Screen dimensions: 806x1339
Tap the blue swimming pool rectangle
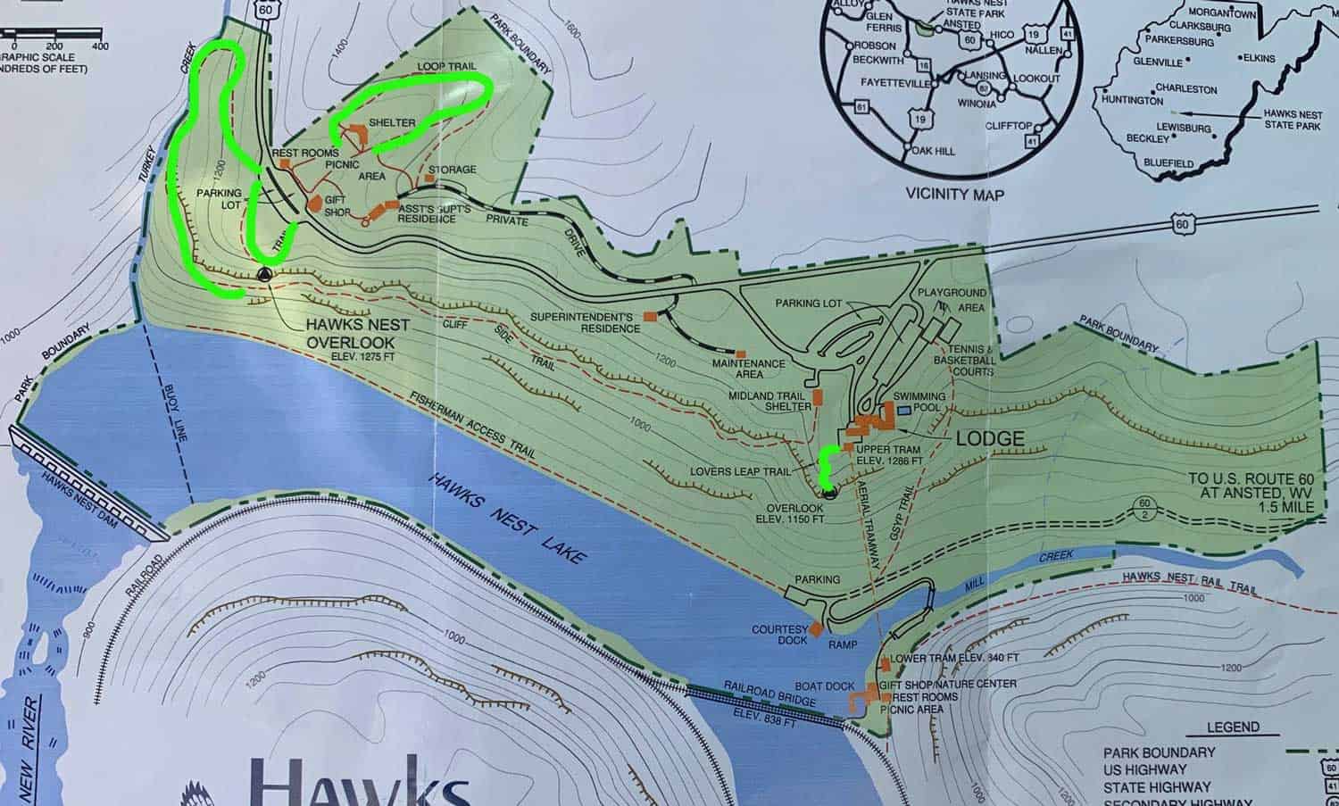tap(905, 410)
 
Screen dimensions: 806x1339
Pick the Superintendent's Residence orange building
tap(651, 316)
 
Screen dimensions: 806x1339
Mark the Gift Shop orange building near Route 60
tap(314, 204)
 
